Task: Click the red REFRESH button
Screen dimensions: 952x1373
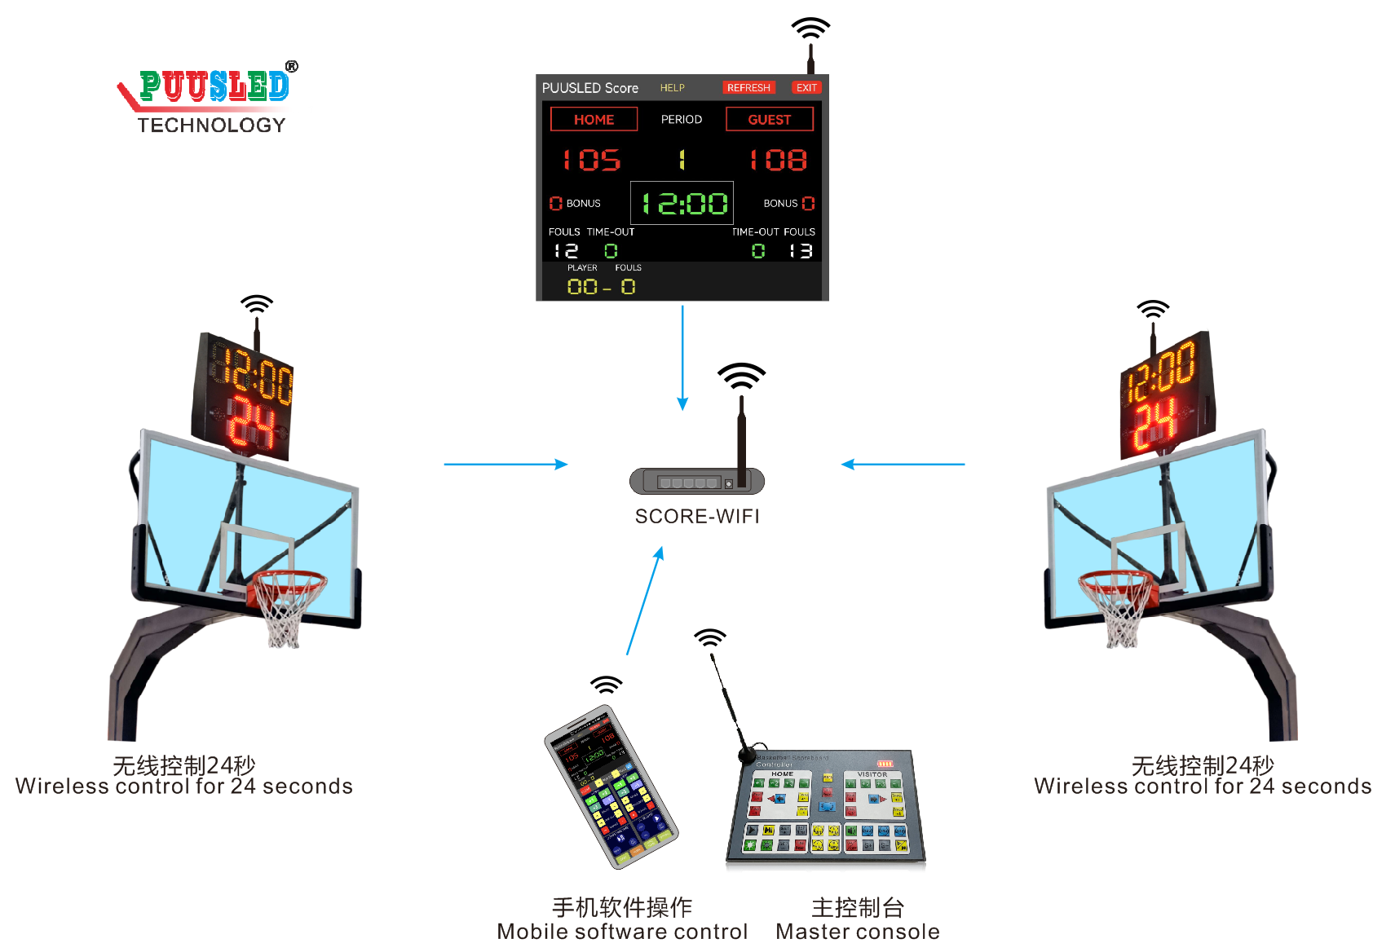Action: pos(748,88)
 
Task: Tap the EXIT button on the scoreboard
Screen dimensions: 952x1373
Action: pos(806,88)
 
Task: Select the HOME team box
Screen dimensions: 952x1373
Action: pos(594,120)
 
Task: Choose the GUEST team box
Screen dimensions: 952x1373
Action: pos(769,120)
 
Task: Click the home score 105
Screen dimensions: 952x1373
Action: pos(592,160)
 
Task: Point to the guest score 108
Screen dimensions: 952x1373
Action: pos(779,160)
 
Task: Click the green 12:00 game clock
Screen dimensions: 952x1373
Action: pos(683,203)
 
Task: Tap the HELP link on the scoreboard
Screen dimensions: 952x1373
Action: pos(673,88)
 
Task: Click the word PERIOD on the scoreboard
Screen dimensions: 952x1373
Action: pos(682,120)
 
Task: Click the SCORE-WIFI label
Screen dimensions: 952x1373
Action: pos(697,517)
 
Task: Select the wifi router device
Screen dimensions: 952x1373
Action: pos(697,480)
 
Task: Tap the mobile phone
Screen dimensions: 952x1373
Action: pos(611,787)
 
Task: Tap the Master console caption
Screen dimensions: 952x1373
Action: pos(858,932)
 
